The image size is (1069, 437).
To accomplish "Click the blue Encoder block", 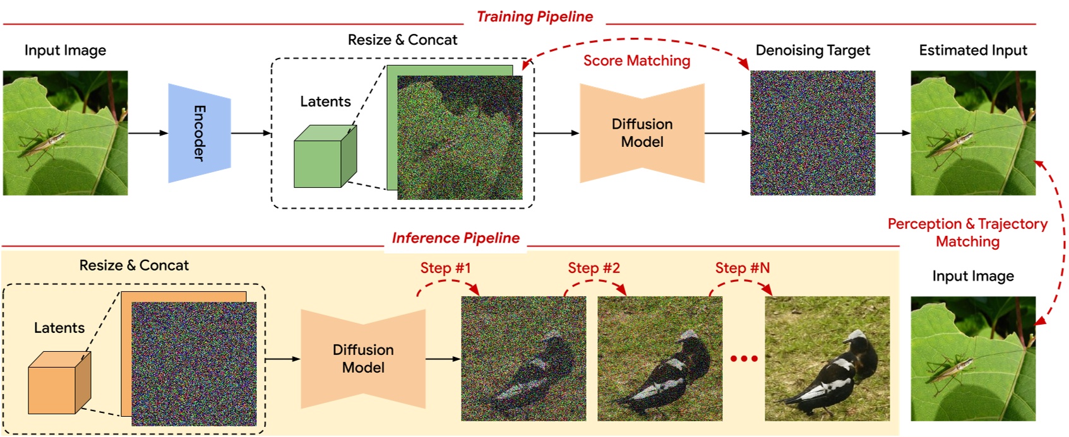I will point(199,133).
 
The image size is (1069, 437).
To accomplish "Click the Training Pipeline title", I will point(534,16).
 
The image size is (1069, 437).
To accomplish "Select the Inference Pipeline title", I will point(455,238).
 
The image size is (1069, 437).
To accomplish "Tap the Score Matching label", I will point(636,61).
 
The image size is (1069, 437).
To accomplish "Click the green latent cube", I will point(324,158).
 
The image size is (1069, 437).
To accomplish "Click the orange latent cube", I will point(59,383).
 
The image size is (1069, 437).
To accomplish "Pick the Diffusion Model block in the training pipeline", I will point(642,133).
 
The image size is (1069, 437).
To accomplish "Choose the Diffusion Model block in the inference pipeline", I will point(363,359).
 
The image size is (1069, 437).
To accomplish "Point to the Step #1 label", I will point(445,268).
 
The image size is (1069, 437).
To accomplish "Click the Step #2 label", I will point(594,268).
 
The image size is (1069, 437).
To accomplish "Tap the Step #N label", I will point(742,268).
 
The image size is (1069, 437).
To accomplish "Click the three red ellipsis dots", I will point(743,359).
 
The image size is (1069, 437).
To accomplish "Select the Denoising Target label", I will point(812,50).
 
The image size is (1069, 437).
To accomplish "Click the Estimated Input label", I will point(972,50).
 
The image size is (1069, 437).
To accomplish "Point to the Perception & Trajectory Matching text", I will point(967,233).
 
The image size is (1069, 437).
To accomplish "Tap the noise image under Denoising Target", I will point(812,133).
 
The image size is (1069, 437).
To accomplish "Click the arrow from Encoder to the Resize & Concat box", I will point(251,133).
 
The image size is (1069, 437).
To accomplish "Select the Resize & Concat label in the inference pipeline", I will point(134,265).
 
